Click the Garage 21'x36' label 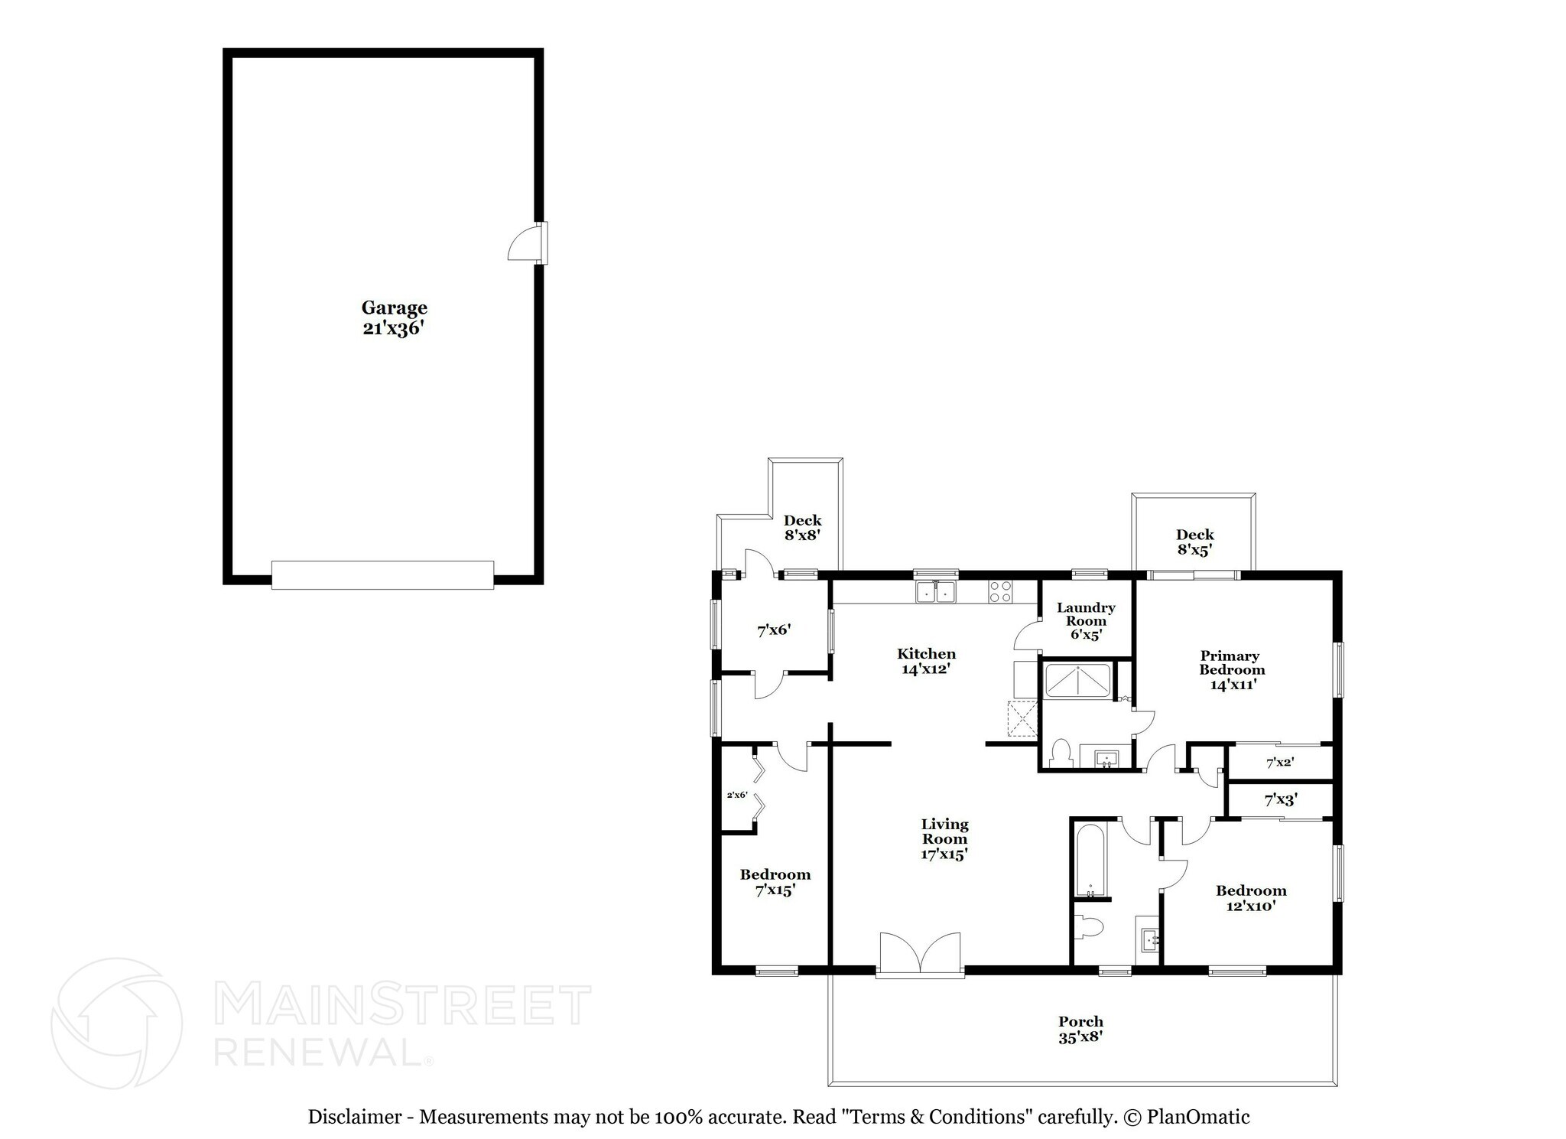394,317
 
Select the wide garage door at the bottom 382,574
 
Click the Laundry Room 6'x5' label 1086,620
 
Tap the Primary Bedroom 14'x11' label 1232,669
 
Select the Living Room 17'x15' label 944,838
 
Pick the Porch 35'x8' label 1080,1029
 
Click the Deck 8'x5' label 1194,542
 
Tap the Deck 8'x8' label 802,528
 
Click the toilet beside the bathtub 1089,928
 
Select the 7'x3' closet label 1280,800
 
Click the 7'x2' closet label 1280,762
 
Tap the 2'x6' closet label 736,795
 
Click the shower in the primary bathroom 1077,682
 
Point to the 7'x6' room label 773,630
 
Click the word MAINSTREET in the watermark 403,1005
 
